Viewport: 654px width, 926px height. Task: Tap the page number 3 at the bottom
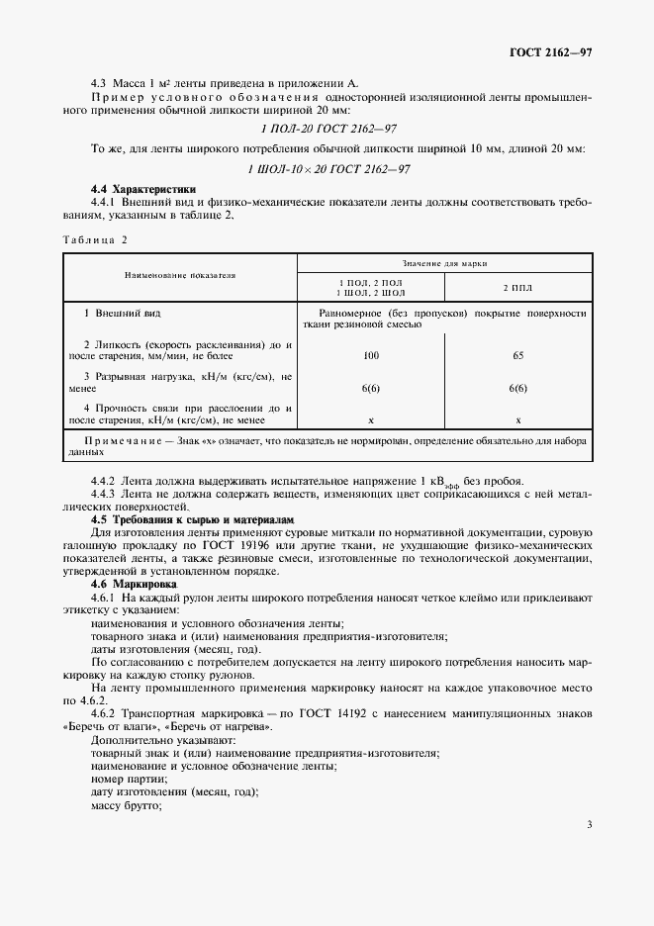point(589,824)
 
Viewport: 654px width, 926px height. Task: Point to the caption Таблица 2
point(96,239)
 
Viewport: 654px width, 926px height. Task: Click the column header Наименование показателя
point(179,276)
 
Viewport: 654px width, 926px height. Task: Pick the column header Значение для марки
point(444,264)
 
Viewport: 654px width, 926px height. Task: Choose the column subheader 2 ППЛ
point(517,287)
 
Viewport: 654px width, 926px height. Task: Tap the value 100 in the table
point(371,353)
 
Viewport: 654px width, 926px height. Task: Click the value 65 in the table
point(517,353)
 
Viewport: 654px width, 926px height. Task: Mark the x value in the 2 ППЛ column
point(517,420)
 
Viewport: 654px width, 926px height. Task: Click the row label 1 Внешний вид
point(123,313)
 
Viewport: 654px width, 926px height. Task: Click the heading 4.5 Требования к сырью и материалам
point(193,519)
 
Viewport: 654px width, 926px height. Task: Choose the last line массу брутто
point(126,805)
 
